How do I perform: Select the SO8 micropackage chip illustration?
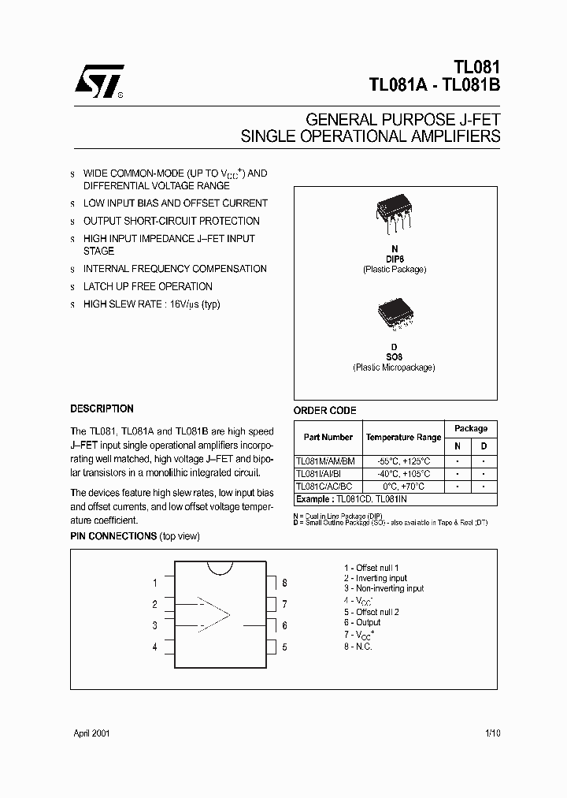click(394, 315)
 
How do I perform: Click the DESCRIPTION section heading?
click(102, 408)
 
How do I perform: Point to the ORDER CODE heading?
click(324, 410)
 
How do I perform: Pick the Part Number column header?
click(328, 438)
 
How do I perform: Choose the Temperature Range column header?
click(403, 438)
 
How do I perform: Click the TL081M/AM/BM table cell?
click(325, 461)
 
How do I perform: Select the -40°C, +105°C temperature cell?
click(403, 474)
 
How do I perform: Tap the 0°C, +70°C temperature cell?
click(403, 487)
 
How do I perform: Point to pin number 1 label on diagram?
click(155, 584)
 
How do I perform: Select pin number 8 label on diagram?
click(284, 584)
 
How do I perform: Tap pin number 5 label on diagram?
click(284, 647)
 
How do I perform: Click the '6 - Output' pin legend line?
click(362, 623)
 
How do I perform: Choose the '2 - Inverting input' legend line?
click(376, 578)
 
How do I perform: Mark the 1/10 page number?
click(491, 733)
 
